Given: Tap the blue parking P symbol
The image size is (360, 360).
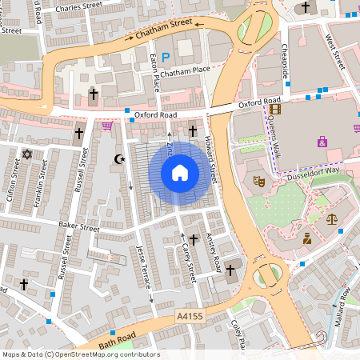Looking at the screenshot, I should point(166,56).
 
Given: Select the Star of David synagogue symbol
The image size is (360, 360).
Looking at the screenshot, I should point(26,154).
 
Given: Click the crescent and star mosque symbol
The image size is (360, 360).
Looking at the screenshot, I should point(122,159).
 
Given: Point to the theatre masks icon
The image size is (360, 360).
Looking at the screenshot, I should point(259,182).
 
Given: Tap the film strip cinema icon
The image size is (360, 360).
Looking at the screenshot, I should point(275,110).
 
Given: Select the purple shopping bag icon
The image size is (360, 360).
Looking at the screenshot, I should point(322,142).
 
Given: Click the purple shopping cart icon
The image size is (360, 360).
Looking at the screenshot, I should point(107,126).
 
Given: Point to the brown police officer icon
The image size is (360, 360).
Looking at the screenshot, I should point(306,238).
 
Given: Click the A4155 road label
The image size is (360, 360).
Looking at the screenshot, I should point(193,318).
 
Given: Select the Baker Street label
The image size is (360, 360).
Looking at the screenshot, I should point(78,227).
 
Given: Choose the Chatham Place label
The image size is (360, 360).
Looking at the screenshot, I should point(184,73).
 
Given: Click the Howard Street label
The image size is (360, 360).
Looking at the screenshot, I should point(211,156).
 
